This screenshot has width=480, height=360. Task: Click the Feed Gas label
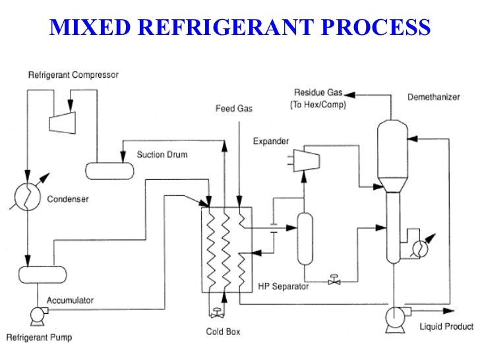coord(233,107)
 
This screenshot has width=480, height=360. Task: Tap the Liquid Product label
coord(446,326)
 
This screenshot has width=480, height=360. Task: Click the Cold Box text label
coord(222,331)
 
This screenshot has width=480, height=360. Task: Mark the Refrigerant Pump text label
coord(39,338)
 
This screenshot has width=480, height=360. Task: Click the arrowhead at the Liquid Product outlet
coord(450,310)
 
